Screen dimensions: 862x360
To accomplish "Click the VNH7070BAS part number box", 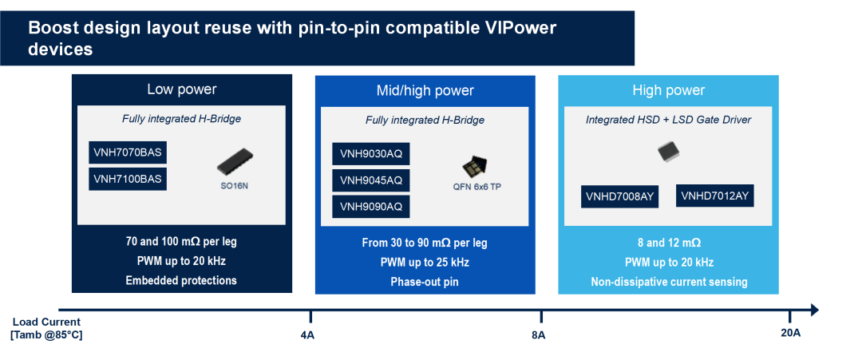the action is coord(128,152).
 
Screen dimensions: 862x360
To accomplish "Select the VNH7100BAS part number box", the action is coord(128,179).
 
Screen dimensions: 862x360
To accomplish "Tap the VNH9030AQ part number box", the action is coord(371,154).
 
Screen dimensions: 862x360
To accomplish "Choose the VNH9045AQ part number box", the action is coord(371,180).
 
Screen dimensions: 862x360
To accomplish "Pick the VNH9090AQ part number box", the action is coord(371,207).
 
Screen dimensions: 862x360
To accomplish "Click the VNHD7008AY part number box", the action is coord(619,197).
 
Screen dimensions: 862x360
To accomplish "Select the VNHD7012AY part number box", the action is coord(714,196).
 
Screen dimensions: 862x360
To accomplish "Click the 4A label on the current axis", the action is coord(308,335).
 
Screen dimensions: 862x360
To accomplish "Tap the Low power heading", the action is coord(182,89).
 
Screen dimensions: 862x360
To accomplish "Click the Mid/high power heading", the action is coord(425,91).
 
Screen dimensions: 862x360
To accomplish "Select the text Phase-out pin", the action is coord(425,282).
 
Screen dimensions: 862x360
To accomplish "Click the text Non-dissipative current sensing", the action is coord(669,282).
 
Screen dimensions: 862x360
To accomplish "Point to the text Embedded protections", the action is coord(181,280).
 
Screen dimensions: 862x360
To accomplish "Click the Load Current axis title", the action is coord(47,328).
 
